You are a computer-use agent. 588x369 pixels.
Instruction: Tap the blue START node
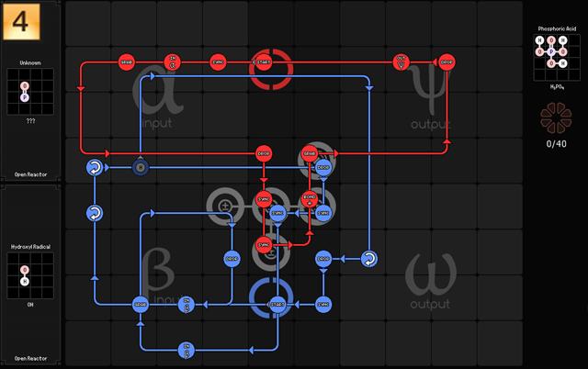pyautogui.click(x=277, y=303)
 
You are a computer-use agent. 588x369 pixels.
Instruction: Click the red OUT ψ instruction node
pyautogui.click(x=401, y=62)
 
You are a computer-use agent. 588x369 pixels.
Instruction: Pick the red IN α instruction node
pyautogui.click(x=173, y=62)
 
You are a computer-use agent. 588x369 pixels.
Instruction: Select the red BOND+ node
pyautogui.click(x=310, y=198)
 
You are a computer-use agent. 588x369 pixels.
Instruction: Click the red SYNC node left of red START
pyautogui.click(x=219, y=62)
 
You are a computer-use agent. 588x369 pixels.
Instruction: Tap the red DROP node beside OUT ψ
pyautogui.click(x=447, y=62)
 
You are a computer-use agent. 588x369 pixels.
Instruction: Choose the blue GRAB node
pyautogui.click(x=140, y=304)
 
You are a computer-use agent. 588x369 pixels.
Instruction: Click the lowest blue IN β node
pyautogui.click(x=186, y=349)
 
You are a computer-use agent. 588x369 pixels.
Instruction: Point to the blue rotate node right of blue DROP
pyautogui.click(x=367, y=259)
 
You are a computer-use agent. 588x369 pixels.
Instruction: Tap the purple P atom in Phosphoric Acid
pyautogui.click(x=551, y=51)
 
